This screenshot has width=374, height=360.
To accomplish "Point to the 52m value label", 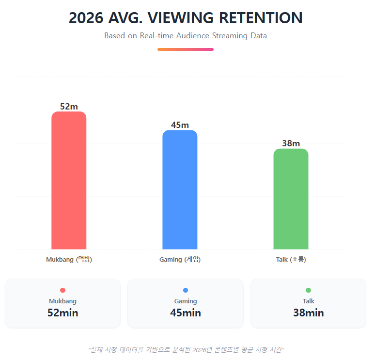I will (69, 106).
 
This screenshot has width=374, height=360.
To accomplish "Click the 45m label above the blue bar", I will (180, 125).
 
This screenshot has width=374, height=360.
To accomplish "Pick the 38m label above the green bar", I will (291, 143).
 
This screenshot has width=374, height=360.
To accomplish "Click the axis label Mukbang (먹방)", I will (69, 259).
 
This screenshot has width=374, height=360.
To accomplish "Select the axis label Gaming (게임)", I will (180, 259).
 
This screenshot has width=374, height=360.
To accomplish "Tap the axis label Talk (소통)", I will (291, 259).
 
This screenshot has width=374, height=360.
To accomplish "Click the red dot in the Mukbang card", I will (62, 290).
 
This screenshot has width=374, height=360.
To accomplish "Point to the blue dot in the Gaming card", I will (186, 290).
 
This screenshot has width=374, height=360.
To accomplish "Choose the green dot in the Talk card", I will (309, 290).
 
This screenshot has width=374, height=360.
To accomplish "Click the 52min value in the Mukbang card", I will (62, 313).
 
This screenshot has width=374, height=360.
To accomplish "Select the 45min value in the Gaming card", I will (186, 313).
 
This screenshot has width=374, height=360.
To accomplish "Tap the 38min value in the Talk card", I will (309, 313).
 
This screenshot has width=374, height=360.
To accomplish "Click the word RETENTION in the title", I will (261, 18).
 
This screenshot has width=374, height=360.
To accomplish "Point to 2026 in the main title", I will (86, 18).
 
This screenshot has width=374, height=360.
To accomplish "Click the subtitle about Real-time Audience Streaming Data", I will (186, 36).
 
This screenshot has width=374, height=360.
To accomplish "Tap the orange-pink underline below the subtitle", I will (186, 49).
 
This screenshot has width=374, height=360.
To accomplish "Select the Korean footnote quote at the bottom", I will (186, 349).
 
